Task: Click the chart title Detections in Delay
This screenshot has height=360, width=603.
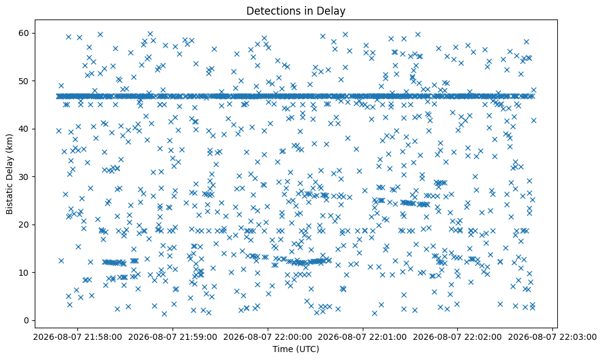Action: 296,11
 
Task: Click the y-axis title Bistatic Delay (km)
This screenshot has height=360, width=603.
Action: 9,174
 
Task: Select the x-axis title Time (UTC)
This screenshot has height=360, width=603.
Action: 296,349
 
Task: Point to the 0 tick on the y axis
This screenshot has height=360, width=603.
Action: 27,320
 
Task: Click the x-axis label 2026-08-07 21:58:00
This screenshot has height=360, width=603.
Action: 77,337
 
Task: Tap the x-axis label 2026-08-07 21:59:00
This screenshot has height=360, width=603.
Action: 173,337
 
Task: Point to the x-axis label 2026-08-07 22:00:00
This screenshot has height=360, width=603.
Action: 268,337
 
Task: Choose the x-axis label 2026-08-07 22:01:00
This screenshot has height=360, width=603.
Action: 363,337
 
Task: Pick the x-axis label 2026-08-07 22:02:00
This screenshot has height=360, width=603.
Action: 458,337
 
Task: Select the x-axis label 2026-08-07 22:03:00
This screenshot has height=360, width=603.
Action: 552,337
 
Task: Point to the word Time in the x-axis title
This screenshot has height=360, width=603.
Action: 281,349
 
